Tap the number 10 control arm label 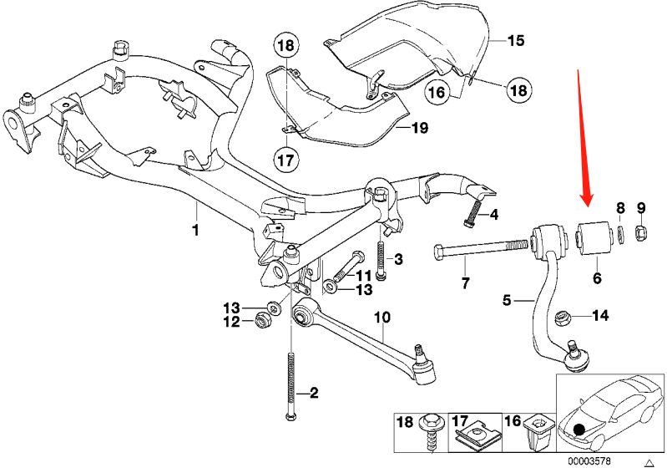click(382, 318)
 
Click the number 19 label click(418, 128)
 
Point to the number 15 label click(515, 39)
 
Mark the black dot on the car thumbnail click(579, 430)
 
